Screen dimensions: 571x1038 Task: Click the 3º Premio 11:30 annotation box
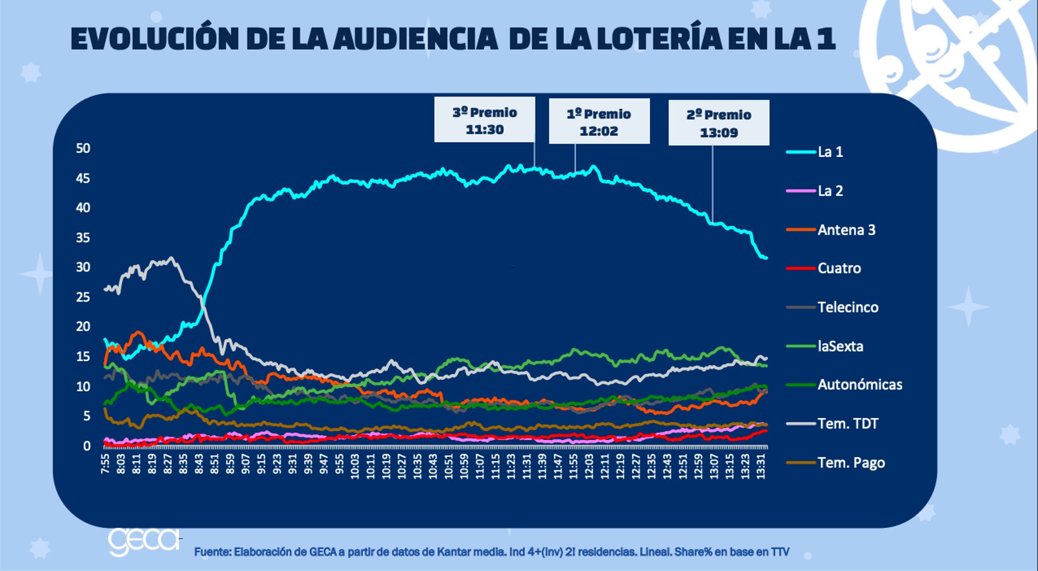click(484, 120)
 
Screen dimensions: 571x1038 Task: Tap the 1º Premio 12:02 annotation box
click(599, 121)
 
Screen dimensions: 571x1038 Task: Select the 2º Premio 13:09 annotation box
click(719, 123)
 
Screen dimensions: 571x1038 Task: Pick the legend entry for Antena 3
click(846, 230)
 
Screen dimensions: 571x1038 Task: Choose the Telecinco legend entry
click(848, 307)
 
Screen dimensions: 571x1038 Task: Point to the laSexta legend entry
click(840, 346)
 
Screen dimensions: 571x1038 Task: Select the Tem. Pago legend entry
click(851, 463)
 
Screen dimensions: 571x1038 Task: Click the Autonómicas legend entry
click(859, 385)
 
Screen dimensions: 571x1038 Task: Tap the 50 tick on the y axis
click(83, 148)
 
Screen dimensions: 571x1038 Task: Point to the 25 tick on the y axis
click(83, 297)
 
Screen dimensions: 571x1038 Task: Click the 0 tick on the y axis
click(87, 446)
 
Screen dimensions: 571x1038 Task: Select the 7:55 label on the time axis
click(105, 464)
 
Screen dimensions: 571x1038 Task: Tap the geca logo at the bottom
click(143, 541)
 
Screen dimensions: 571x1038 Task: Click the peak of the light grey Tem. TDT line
click(171, 258)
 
